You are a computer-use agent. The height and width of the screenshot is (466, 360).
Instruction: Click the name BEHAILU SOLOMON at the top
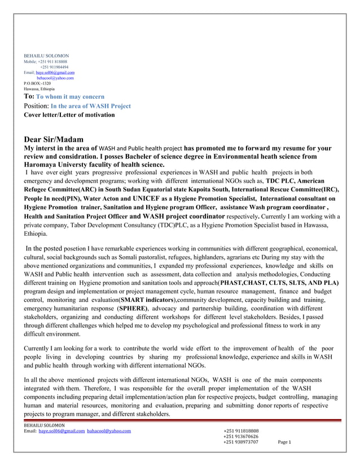coord(46,56)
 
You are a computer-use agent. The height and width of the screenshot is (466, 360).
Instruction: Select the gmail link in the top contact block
coord(55,73)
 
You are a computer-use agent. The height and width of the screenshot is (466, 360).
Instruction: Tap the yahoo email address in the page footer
coord(109,431)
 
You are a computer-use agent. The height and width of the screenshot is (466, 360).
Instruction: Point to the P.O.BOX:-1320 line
coord(37,83)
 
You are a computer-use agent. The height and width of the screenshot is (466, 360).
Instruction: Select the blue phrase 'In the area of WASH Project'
coord(90,106)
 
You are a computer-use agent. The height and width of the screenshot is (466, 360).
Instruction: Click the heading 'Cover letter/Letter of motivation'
coord(69,115)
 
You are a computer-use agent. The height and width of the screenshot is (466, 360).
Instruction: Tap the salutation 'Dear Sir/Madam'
coord(54,139)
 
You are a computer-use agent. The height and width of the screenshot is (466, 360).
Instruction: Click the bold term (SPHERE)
coord(133,309)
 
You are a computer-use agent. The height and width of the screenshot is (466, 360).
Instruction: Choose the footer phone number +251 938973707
coord(241,442)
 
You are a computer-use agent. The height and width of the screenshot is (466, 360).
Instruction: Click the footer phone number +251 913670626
coord(241,437)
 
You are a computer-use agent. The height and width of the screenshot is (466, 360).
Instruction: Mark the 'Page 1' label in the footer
coord(284,442)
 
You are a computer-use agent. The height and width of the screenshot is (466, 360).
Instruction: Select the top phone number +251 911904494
coord(54,67)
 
